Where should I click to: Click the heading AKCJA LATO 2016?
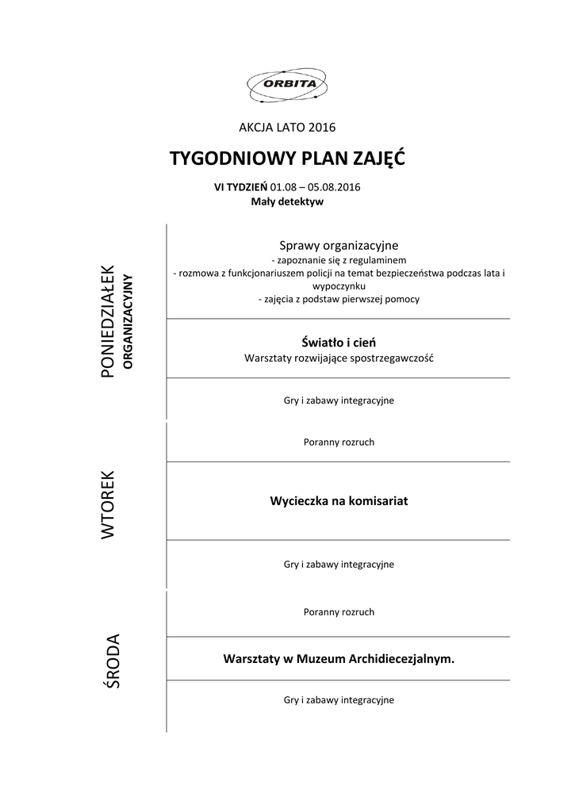287,127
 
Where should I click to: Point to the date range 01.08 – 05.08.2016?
316,187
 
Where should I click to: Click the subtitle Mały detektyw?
287,201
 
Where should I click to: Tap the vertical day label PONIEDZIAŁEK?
109,320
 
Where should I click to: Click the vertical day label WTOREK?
109,505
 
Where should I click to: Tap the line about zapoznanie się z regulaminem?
339,260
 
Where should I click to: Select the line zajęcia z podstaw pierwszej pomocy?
339,299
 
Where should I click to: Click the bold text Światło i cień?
339,343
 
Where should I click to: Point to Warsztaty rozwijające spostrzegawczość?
339,358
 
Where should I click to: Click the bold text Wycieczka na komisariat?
339,501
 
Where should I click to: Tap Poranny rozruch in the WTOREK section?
339,442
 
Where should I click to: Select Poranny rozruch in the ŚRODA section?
339,611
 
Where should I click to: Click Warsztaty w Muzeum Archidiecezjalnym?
339,659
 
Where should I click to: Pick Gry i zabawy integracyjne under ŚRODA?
339,700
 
